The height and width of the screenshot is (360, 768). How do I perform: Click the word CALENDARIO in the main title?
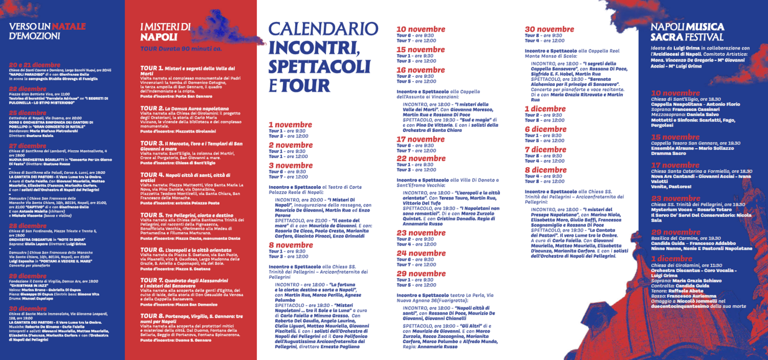[x=323, y=29]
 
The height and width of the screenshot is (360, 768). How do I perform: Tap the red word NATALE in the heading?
[x=69, y=26]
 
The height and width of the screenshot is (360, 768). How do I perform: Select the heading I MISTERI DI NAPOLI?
[x=165, y=32]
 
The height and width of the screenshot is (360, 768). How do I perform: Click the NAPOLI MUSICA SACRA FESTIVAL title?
[x=687, y=32]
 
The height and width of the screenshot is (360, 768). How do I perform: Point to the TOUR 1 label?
[x=152, y=68]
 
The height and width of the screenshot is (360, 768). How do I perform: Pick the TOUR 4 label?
[x=152, y=175]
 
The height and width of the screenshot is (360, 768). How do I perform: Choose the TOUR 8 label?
[x=152, y=316]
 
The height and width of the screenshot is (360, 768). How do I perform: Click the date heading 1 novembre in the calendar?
[x=290, y=125]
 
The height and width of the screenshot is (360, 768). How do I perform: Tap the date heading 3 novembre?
[x=291, y=166]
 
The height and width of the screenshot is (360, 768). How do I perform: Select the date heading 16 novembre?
[x=420, y=70]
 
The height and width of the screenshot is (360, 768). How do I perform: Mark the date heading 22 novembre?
[x=421, y=158]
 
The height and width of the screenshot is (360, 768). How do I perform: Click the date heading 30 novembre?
[x=549, y=29]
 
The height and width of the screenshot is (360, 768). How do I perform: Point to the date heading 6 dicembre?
[x=545, y=129]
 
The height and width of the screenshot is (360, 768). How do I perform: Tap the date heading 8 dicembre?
[x=545, y=170]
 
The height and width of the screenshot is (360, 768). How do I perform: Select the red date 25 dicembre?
[x=27, y=113]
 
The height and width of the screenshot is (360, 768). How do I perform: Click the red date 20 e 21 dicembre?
[x=35, y=65]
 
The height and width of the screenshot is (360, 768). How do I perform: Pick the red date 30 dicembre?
[x=27, y=309]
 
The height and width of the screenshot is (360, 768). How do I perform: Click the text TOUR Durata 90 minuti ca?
[x=181, y=49]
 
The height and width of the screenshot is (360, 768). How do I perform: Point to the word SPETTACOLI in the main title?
[x=319, y=67]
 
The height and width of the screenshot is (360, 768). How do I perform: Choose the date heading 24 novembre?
[x=421, y=253]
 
